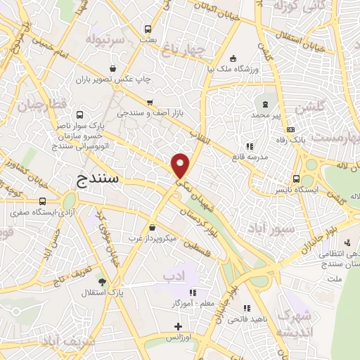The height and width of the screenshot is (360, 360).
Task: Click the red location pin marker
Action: [x=181, y=165]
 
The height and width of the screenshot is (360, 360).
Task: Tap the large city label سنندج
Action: [x=98, y=179]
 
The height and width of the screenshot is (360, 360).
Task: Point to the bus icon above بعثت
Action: [x=148, y=30]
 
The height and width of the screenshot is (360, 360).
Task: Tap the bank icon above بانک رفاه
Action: [x=290, y=130]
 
